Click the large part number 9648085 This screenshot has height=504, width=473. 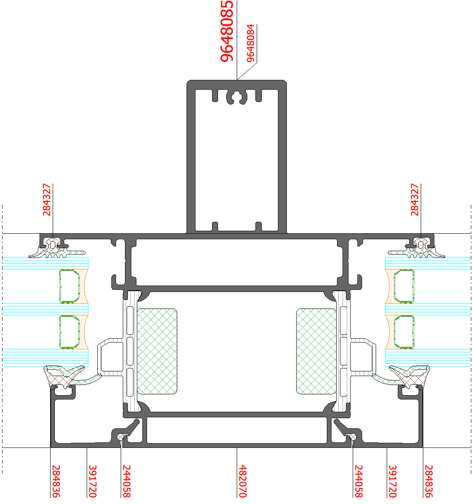pyautogui.click(x=227, y=31)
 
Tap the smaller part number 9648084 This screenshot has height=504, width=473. pyautogui.click(x=251, y=43)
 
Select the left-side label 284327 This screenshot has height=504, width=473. pyautogui.click(x=47, y=200)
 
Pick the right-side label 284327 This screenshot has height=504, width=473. pyautogui.click(x=415, y=200)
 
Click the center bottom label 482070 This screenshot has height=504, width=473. pyautogui.click(x=243, y=481)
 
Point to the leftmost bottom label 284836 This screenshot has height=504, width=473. pyautogui.click(x=56, y=481)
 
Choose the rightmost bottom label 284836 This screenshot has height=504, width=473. pyautogui.click(x=428, y=481)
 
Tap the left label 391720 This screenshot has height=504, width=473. pyautogui.click(x=92, y=481)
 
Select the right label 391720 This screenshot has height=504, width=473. pyautogui.click(x=393, y=481)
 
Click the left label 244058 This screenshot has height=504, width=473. pyautogui.click(x=127, y=481)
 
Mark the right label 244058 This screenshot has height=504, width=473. pyautogui.click(x=359, y=481)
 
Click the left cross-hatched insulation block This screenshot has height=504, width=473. pyautogui.click(x=157, y=351)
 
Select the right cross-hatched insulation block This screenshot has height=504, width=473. pyautogui.click(x=316, y=351)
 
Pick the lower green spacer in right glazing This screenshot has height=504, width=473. pyautogui.click(x=404, y=331)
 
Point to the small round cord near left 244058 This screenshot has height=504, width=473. pyautogui.click(x=122, y=436)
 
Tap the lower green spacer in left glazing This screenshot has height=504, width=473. pyautogui.click(x=69, y=331)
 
